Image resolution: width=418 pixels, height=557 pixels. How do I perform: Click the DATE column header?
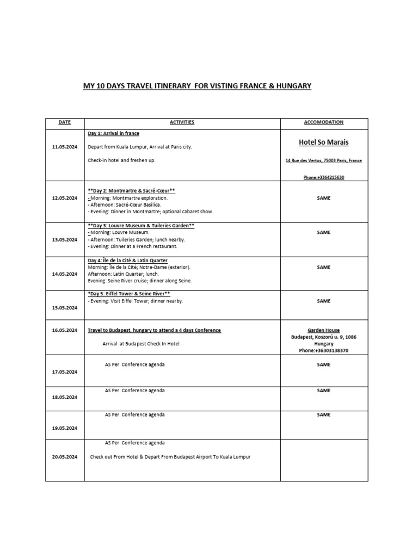64,122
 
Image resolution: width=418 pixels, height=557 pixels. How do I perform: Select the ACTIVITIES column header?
182,122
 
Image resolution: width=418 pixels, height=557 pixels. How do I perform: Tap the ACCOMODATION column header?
324,122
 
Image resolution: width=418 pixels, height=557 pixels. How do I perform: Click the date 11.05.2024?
64,147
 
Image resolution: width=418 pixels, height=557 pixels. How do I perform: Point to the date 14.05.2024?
64,274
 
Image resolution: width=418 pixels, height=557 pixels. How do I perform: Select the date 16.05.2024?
64,330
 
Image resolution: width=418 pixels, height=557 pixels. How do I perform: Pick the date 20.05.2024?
64,456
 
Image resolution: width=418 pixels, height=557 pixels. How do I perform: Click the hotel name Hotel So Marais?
324,143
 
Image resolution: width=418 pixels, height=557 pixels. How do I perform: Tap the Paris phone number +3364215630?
324,177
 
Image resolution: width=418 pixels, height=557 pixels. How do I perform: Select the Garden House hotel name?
324,330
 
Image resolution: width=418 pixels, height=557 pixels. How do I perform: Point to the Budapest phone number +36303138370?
324,351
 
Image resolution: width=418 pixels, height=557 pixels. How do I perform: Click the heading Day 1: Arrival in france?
114,133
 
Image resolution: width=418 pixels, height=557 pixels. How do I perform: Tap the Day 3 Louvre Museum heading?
141,225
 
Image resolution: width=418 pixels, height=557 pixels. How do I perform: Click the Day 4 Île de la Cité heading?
127,261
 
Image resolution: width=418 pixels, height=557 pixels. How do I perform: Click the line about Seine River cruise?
140,281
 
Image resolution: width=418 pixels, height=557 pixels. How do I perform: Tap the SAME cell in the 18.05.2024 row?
324,391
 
